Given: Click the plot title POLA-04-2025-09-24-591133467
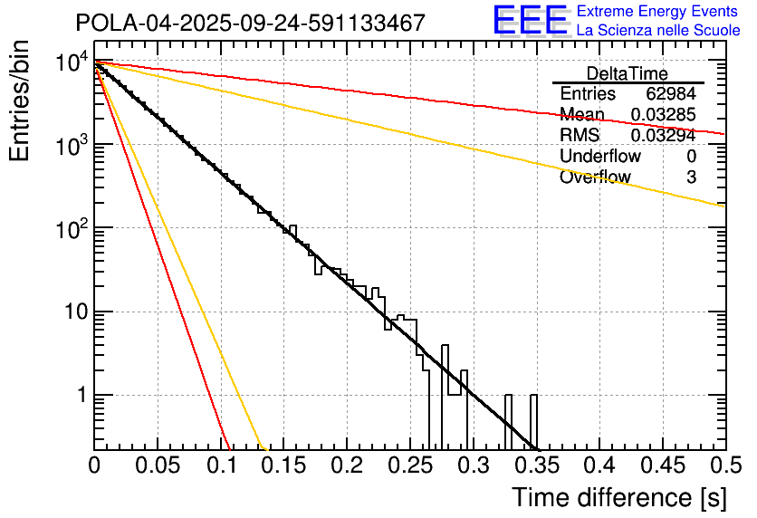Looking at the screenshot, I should (251, 23).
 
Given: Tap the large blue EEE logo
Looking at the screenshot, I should (530, 20).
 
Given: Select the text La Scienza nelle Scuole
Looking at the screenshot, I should (658, 31).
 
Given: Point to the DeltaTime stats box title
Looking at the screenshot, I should (628, 73).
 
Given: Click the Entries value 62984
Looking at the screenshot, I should (671, 94).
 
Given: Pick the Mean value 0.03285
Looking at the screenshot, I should (663, 115).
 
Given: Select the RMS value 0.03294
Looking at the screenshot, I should (663, 136).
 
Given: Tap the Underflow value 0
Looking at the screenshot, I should (691, 157).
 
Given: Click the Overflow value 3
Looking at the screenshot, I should (691, 177).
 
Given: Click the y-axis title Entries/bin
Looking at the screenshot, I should (19, 101).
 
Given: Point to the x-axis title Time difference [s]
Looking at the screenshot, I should (619, 497).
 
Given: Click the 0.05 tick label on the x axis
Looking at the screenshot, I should (158, 465).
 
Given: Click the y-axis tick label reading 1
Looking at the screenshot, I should (80, 396).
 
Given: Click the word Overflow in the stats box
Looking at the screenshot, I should (595, 177).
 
